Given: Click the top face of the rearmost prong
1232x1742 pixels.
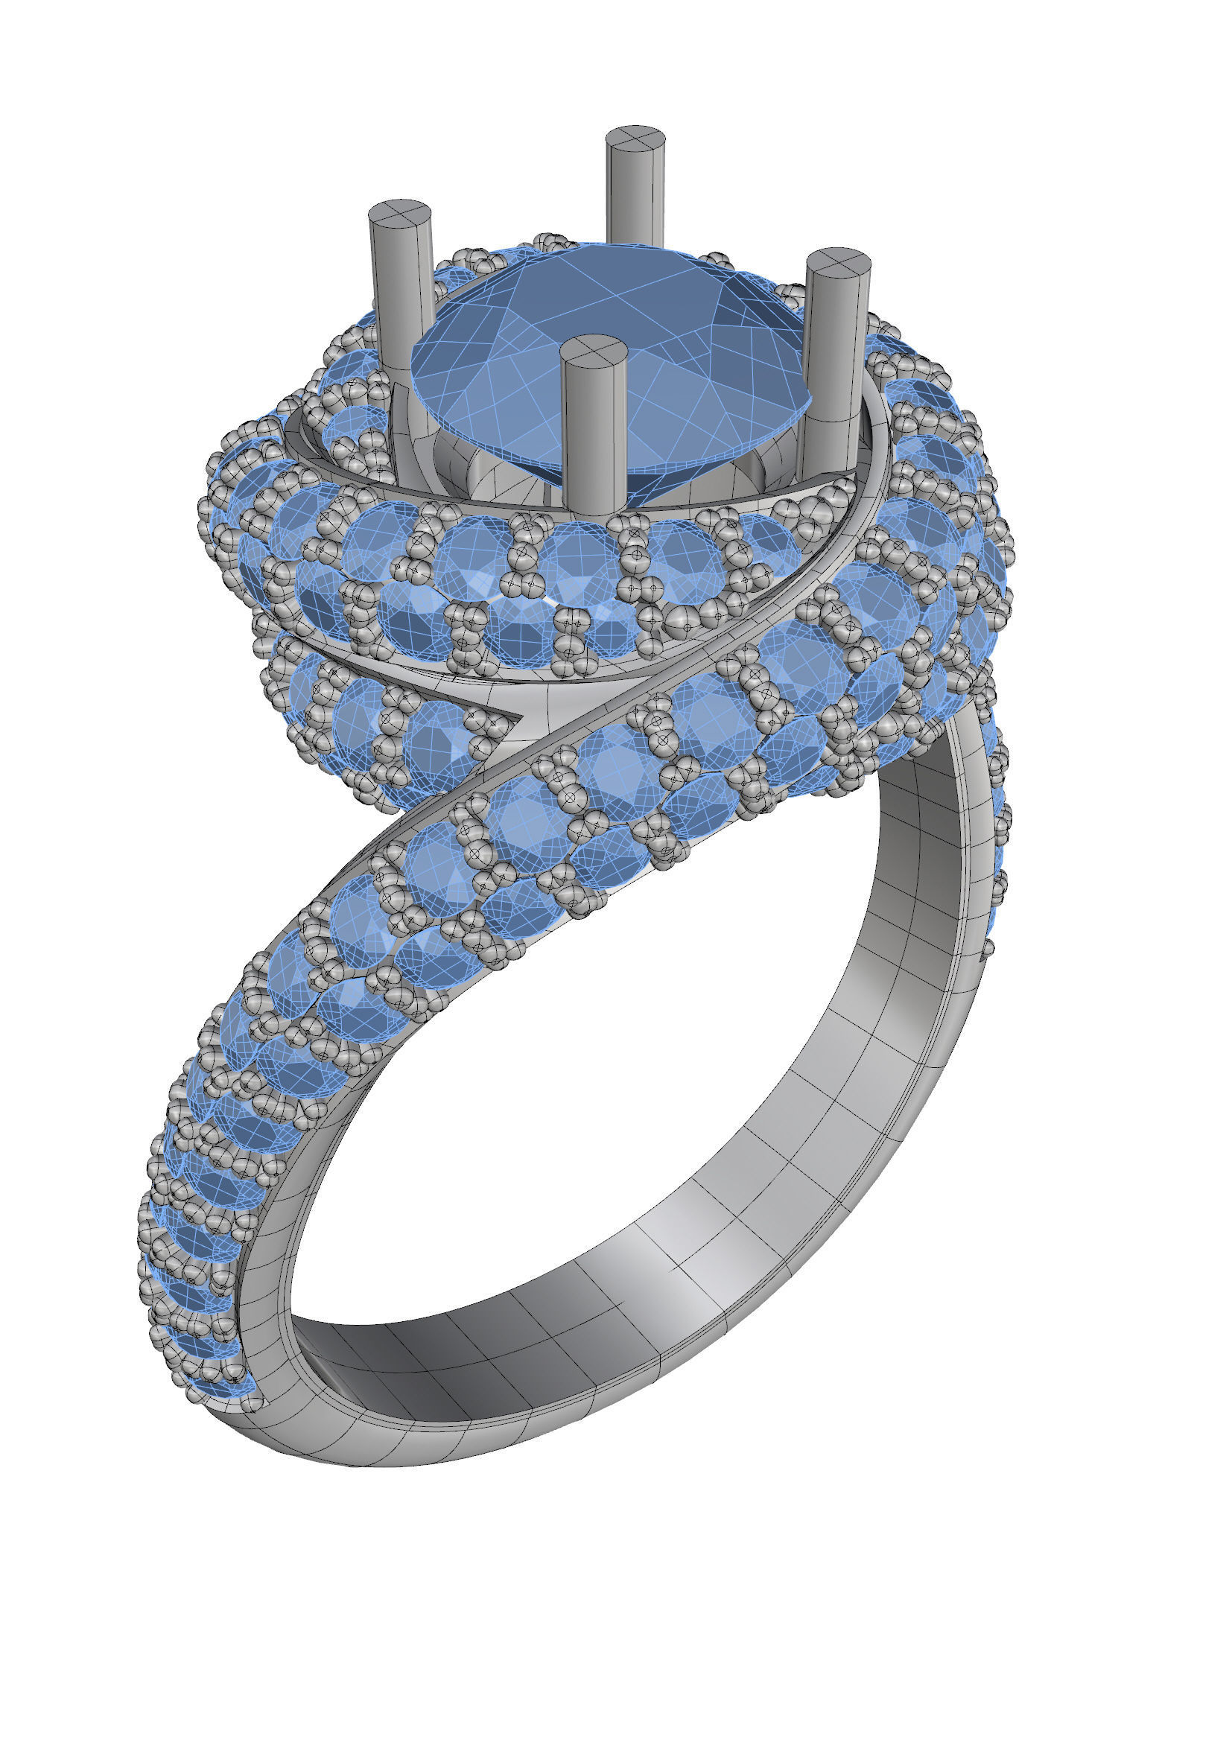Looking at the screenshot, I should [635, 139].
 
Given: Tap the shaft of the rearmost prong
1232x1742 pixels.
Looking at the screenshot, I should [635, 197].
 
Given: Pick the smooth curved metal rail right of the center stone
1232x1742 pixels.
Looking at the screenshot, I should [872, 486].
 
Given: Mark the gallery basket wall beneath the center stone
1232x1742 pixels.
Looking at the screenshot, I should [493, 471].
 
